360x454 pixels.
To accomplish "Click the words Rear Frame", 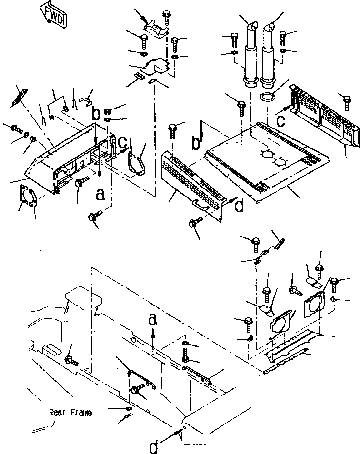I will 70,413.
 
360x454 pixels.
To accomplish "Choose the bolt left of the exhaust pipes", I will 234,39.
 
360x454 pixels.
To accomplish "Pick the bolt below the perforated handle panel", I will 195,224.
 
